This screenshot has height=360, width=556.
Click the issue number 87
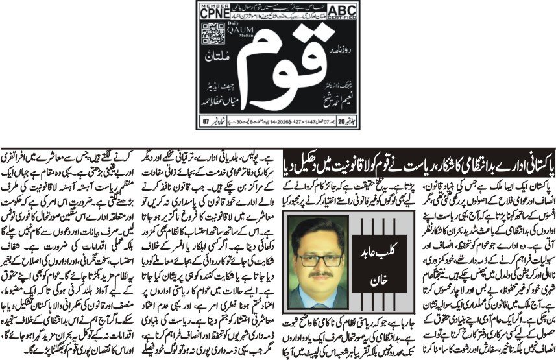click(208, 120)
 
